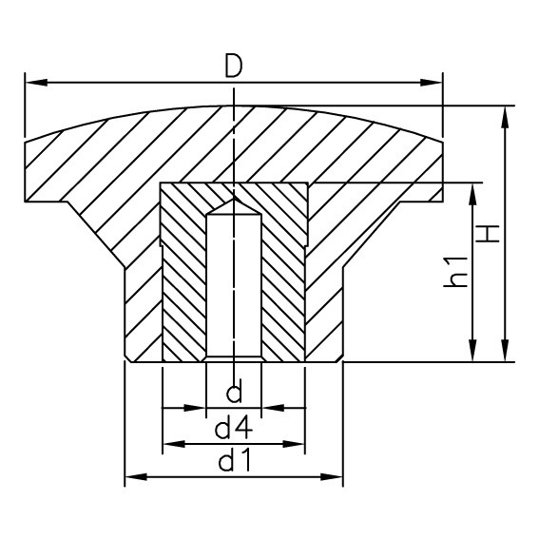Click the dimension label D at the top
tap(234, 67)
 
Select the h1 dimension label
tap(457, 272)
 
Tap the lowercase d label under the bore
tap(234, 392)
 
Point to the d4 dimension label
tap(234, 428)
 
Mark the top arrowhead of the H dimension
tap(506, 115)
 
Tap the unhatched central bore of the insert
tap(234, 285)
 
